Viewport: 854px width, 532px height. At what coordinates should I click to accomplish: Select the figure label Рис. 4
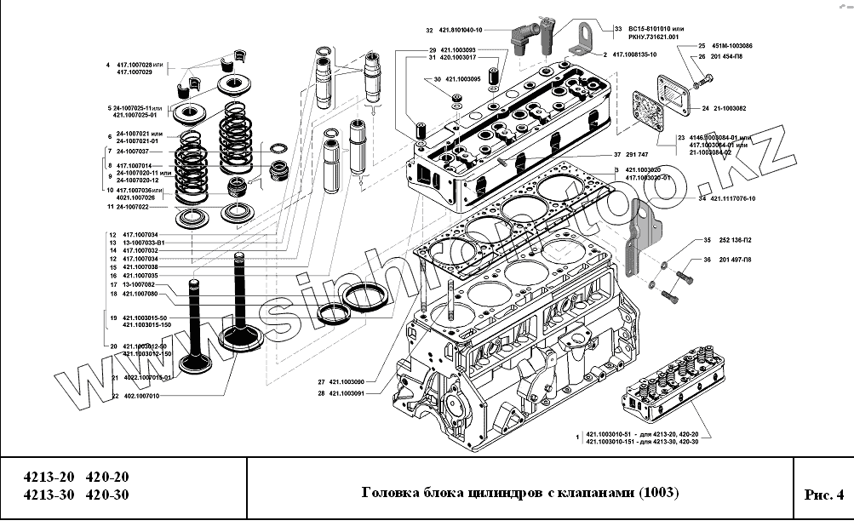(x=822, y=495)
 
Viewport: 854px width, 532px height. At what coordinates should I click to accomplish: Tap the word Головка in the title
(x=391, y=494)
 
